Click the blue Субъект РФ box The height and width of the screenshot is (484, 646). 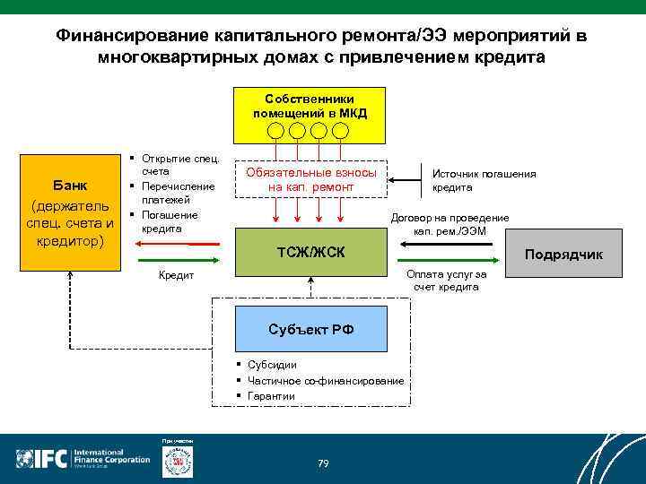[x=310, y=328]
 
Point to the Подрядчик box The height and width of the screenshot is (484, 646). [x=563, y=255]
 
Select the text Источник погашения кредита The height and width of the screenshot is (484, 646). [x=484, y=180]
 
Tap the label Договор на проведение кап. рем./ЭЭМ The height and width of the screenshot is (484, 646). [x=450, y=224]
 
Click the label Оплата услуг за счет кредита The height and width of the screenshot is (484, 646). [x=446, y=281]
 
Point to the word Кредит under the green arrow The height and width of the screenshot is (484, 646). [x=176, y=276]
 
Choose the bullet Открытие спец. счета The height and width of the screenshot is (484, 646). [x=179, y=164]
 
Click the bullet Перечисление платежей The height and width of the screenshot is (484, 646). [x=179, y=193]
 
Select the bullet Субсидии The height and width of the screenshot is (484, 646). [x=272, y=365]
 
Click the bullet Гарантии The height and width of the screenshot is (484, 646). [x=271, y=396]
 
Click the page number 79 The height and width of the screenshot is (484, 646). [x=323, y=462]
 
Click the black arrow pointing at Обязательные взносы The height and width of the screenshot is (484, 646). [x=408, y=179]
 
